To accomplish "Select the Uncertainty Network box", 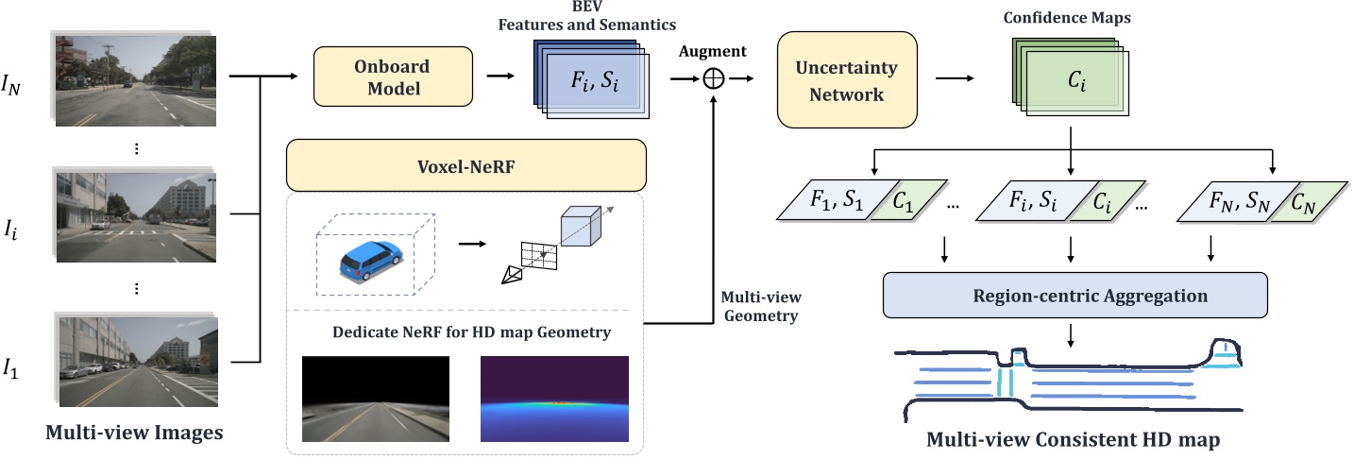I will (x=846, y=81).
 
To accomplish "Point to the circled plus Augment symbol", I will (x=715, y=79).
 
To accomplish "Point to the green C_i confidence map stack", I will (x=1075, y=83).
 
